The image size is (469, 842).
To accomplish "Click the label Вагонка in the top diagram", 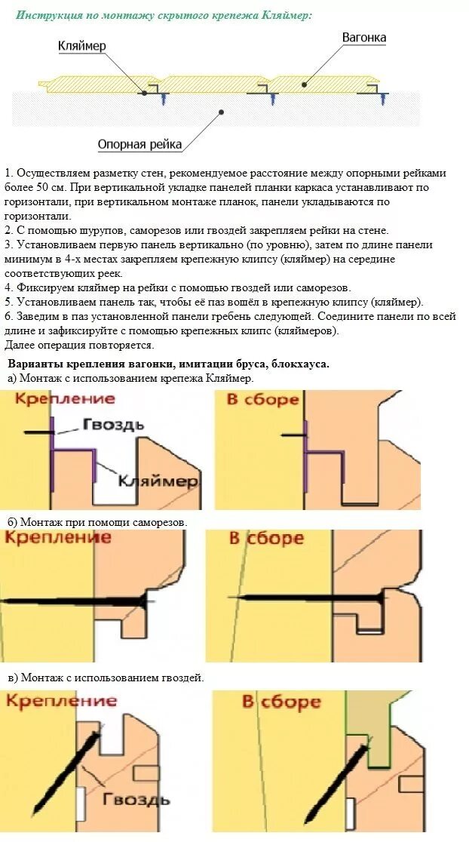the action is click(364, 37).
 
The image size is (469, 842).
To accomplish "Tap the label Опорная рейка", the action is click(139, 144).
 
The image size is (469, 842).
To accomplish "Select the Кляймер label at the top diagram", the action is click(82, 46).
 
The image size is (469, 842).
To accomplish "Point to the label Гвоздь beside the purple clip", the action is click(113, 425).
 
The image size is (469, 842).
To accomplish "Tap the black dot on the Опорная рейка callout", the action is click(221, 112).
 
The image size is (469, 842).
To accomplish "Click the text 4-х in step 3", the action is click(89, 259).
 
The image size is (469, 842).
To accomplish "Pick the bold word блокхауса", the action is click(295, 364).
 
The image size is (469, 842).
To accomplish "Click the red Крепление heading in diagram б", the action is click(57, 537).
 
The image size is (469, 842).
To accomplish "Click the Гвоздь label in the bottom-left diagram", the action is click(136, 799).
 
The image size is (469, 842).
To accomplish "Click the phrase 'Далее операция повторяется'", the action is click(79, 345).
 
